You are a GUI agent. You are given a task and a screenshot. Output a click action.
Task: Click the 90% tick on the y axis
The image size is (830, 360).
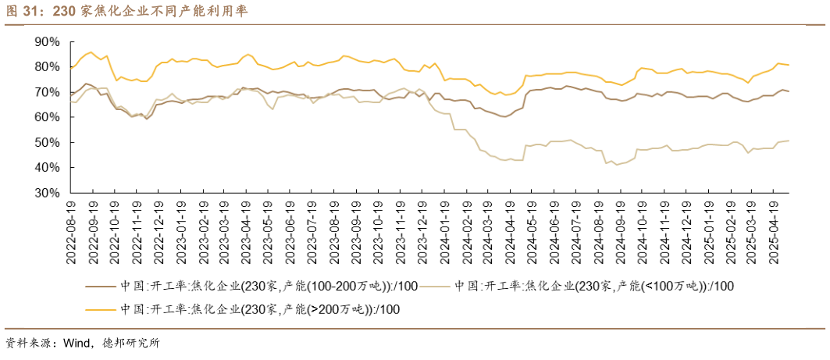coord(47,41)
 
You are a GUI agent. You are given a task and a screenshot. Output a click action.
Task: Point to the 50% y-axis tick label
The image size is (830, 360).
coord(47,142)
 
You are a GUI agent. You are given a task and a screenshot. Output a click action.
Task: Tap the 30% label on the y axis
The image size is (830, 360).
coord(47,192)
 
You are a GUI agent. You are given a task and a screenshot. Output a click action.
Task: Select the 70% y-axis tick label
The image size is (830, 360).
coord(47,92)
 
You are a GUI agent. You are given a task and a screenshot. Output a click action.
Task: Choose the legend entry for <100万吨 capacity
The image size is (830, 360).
coord(593,287)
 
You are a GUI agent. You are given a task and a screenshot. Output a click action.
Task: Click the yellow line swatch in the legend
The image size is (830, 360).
coord(100,309)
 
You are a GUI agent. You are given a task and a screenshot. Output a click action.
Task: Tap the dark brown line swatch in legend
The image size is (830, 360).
coord(100,287)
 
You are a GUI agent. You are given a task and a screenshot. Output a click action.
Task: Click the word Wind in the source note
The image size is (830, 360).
coord(77,344)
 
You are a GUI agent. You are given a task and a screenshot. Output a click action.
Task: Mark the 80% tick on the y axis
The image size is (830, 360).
coord(47,67)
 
